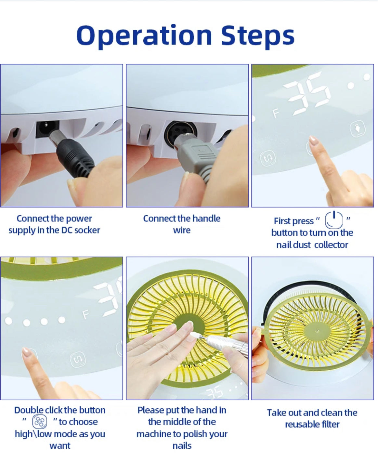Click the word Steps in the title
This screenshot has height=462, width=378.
(x=257, y=36)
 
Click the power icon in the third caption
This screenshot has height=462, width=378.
(x=334, y=220)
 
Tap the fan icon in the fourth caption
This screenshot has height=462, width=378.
(x=39, y=421)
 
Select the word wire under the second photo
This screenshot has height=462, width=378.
(x=182, y=230)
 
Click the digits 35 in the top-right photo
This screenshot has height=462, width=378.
(x=306, y=93)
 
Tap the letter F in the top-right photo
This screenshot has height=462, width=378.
(x=276, y=113)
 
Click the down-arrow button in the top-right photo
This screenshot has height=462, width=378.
(x=358, y=128)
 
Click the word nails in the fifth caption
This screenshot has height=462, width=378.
(x=182, y=446)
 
